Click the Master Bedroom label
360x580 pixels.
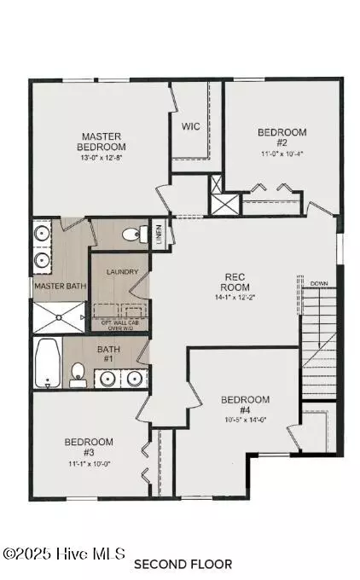click(102, 141)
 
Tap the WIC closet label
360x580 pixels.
click(190, 126)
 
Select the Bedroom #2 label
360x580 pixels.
click(282, 138)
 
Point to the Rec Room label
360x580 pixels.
click(235, 281)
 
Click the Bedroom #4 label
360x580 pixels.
click(245, 405)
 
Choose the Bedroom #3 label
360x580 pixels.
click(89, 447)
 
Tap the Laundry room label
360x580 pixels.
click(120, 272)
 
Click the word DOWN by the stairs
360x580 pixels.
click(319, 283)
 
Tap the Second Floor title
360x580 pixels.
click(183, 564)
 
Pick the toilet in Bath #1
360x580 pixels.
click(78, 373)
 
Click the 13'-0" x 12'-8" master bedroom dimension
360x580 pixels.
click(102, 157)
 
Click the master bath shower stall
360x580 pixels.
click(57, 316)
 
